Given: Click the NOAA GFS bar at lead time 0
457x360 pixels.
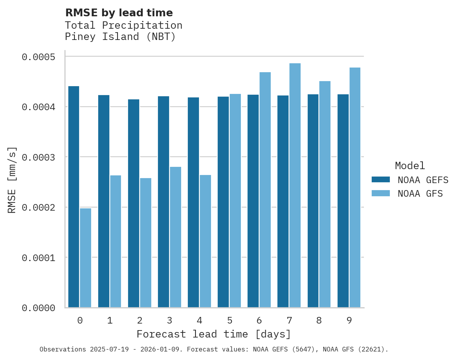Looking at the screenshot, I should (x=85, y=258).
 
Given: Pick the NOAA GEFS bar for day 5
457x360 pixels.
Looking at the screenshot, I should (x=223, y=202).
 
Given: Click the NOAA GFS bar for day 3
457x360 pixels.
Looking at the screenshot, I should (x=175, y=237).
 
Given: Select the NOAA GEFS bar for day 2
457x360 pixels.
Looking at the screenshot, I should (x=133, y=203).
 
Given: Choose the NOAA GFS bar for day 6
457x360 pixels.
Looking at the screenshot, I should (x=265, y=190).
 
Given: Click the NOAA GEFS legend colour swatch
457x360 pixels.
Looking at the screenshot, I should (x=380, y=180).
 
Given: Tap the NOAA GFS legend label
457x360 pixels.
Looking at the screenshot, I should (x=420, y=193).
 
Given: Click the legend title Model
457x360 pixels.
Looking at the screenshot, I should (x=410, y=166).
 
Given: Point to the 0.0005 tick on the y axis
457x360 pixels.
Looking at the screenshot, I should (x=38, y=57).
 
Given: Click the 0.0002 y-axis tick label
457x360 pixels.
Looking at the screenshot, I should (x=38, y=208).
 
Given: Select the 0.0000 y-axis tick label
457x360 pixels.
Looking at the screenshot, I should (x=38, y=308).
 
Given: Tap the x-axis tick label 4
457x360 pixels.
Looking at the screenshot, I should (x=199, y=320).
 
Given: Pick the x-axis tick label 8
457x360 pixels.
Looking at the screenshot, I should (x=319, y=320).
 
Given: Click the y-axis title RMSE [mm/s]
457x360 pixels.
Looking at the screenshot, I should (x=12, y=180).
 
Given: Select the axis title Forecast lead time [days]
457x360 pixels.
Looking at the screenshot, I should (x=214, y=334).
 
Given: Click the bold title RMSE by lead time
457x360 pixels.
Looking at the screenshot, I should (x=119, y=13).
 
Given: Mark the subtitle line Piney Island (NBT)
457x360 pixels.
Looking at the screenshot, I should (x=120, y=37).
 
